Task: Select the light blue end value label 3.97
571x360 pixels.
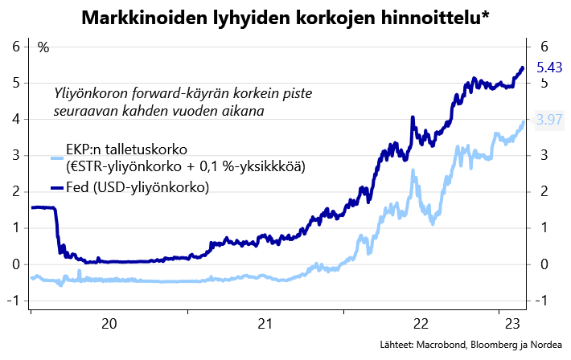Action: click(x=549, y=120)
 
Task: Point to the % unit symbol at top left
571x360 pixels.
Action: click(x=43, y=47)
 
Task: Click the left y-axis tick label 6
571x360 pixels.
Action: click(x=15, y=47)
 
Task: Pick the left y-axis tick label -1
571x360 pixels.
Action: click(x=13, y=301)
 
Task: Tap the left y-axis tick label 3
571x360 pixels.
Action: click(x=15, y=155)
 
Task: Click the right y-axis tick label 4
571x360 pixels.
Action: click(x=544, y=119)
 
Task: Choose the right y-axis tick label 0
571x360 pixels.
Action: click(x=544, y=264)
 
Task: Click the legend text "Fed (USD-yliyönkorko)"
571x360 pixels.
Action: click(x=138, y=188)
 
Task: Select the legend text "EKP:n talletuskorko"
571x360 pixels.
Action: click(x=126, y=150)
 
